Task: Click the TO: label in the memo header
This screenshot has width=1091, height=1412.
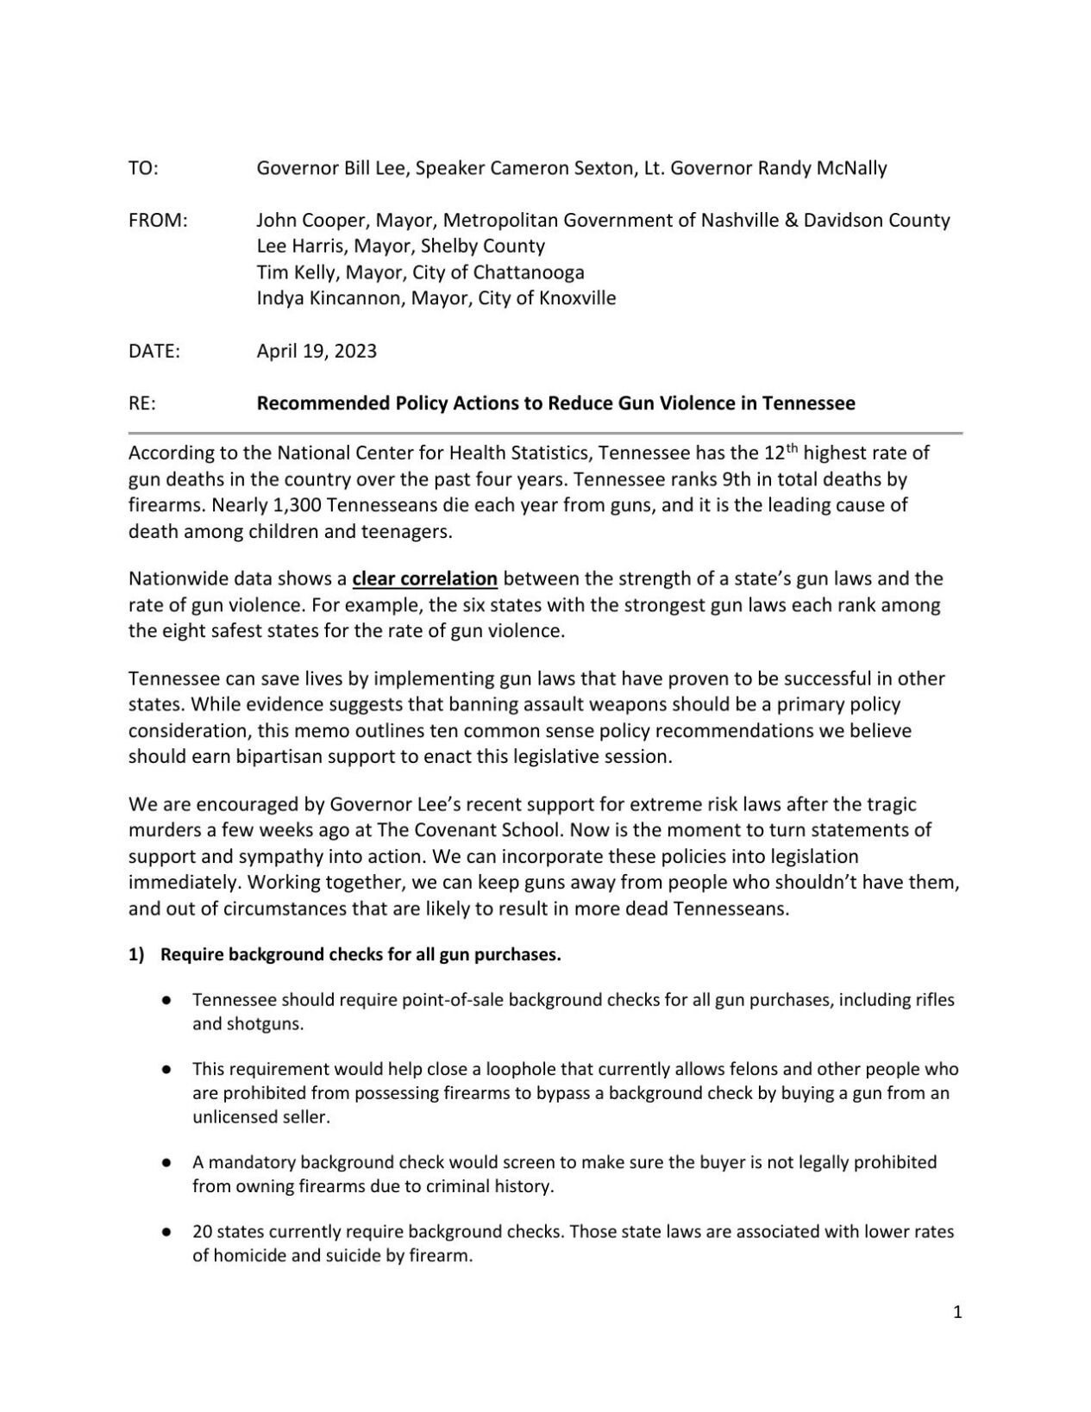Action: pos(143,168)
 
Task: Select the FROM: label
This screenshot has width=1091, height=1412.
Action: pos(158,221)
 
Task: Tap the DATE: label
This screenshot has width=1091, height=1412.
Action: pos(154,352)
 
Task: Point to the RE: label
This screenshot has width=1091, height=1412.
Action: pos(142,403)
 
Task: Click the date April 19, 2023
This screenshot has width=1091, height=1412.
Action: pos(317,352)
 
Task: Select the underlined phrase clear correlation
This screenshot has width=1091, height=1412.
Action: pos(425,578)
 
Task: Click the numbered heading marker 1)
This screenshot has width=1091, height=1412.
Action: pos(136,955)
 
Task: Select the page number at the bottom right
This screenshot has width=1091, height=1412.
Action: pos(957,1313)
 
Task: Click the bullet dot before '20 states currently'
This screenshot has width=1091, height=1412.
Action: pos(165,1233)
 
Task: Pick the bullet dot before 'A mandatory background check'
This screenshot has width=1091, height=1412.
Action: pos(165,1163)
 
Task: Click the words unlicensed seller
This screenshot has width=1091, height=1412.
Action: pos(260,1117)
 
